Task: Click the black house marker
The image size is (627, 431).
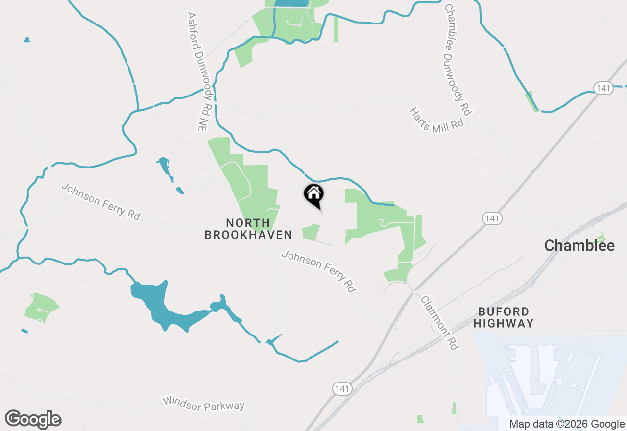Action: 314,194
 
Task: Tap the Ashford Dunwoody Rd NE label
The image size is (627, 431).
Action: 196,72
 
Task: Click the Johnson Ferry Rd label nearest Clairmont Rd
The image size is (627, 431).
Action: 318,271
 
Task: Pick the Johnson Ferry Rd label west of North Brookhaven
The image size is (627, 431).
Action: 101,201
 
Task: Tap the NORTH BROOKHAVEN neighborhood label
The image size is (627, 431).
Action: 248,229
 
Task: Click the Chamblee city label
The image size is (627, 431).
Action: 579,246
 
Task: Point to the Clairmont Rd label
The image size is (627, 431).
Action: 439,323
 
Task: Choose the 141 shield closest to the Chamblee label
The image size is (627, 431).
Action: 491,218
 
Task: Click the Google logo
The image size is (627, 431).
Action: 33,419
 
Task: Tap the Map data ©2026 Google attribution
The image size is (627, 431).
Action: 567,424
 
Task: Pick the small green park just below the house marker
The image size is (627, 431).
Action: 311,232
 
